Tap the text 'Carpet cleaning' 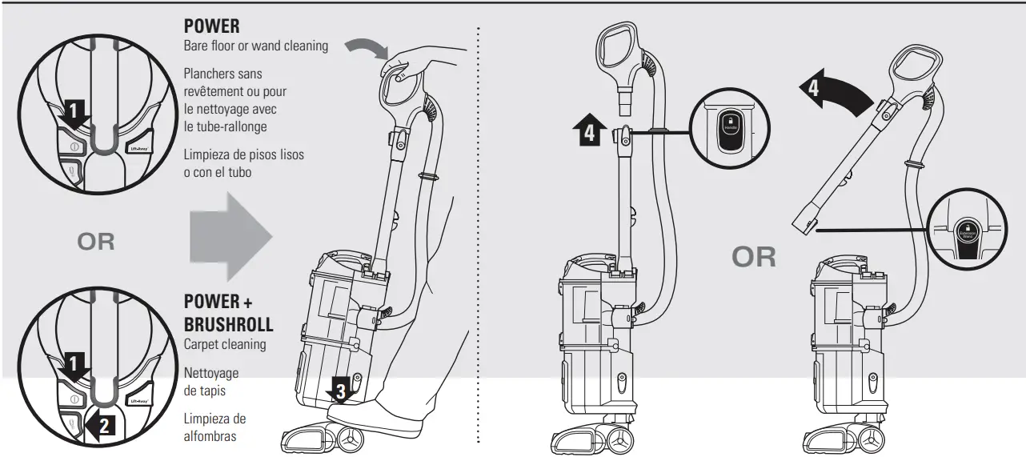point(225,344)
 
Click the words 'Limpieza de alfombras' point(214,427)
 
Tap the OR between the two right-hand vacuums point(754,256)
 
